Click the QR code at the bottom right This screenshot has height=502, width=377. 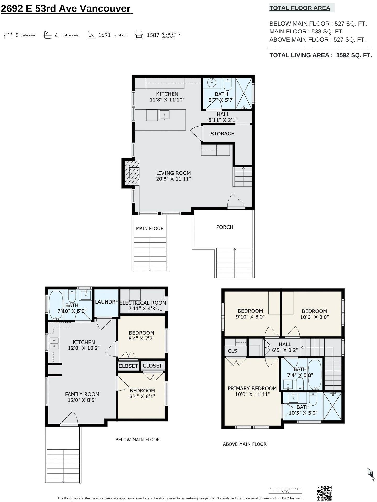tap(324, 493)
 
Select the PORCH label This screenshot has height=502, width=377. tap(225, 227)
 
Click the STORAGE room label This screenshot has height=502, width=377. tap(222, 134)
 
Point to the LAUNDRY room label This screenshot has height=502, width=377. tap(107, 302)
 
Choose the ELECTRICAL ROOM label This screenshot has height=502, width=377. tap(143, 303)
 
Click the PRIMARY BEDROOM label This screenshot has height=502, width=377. tap(252, 389)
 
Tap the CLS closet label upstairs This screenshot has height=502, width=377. tap(232, 351)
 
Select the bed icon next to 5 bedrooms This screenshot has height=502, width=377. tap(8, 35)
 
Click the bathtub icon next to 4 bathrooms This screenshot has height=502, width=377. tap(47, 35)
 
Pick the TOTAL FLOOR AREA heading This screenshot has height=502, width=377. tap(300, 8)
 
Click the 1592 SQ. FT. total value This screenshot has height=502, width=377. tap(354, 55)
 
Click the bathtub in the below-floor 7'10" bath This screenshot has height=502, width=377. tap(56, 305)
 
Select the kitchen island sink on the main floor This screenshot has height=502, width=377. tap(165, 115)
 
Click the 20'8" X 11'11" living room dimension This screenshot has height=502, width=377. tap(174, 179)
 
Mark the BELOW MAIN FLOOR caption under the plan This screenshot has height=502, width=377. tap(137, 440)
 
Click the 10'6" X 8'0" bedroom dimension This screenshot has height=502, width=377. tap(314, 317)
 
